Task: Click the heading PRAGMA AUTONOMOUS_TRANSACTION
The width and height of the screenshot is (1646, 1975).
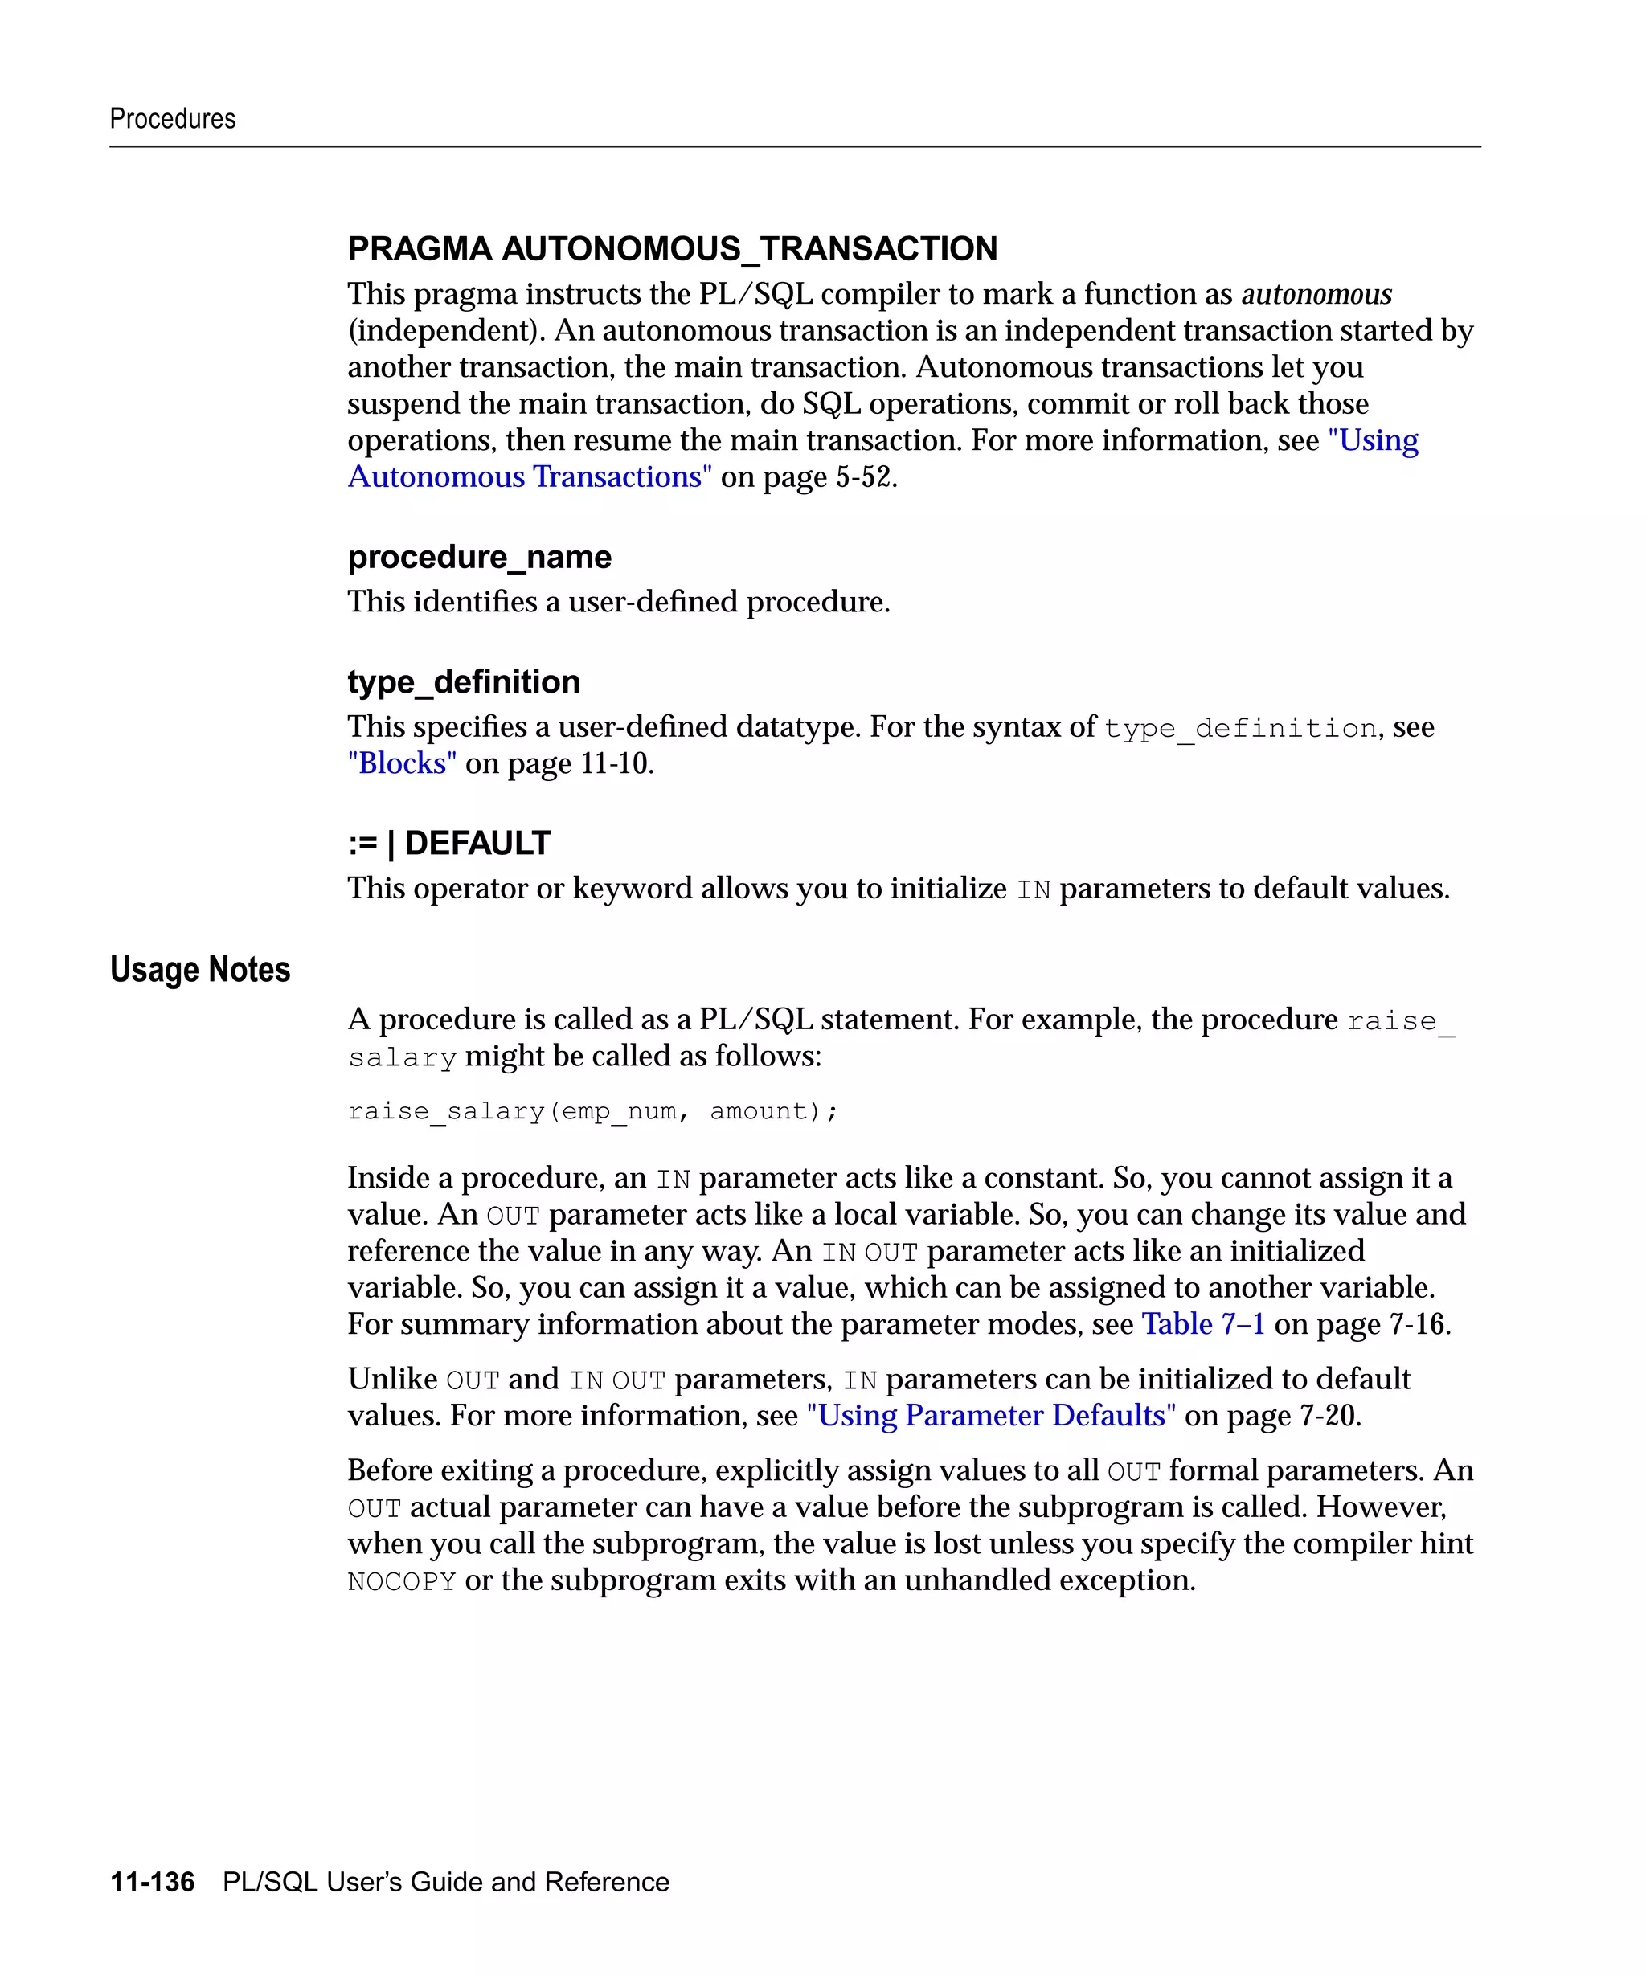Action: click(672, 248)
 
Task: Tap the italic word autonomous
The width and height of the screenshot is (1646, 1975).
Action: click(1316, 294)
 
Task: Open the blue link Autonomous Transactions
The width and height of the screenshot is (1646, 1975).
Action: click(530, 476)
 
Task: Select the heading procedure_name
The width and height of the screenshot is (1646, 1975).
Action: click(479, 557)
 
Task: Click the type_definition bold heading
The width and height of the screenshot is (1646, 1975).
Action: click(464, 682)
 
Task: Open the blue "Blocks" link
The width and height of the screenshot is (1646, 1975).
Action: click(402, 763)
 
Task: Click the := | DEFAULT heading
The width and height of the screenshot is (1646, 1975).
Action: click(448, 844)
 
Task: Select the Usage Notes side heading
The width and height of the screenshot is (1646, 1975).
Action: click(199, 970)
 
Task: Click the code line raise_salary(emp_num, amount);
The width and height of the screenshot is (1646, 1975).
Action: click(592, 1112)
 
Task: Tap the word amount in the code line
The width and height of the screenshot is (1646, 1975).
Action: click(758, 1112)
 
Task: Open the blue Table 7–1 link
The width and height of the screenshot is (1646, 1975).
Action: click(1202, 1324)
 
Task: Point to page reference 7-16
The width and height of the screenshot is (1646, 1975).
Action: click(1418, 1324)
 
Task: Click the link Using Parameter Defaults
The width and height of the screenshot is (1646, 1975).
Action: click(991, 1416)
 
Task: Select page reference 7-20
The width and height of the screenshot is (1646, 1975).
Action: click(1328, 1416)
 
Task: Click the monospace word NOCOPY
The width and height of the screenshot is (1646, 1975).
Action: click(402, 1582)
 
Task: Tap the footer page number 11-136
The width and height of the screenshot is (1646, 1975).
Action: click(153, 1882)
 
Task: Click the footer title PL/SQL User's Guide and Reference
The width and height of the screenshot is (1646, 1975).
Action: click(446, 1882)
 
